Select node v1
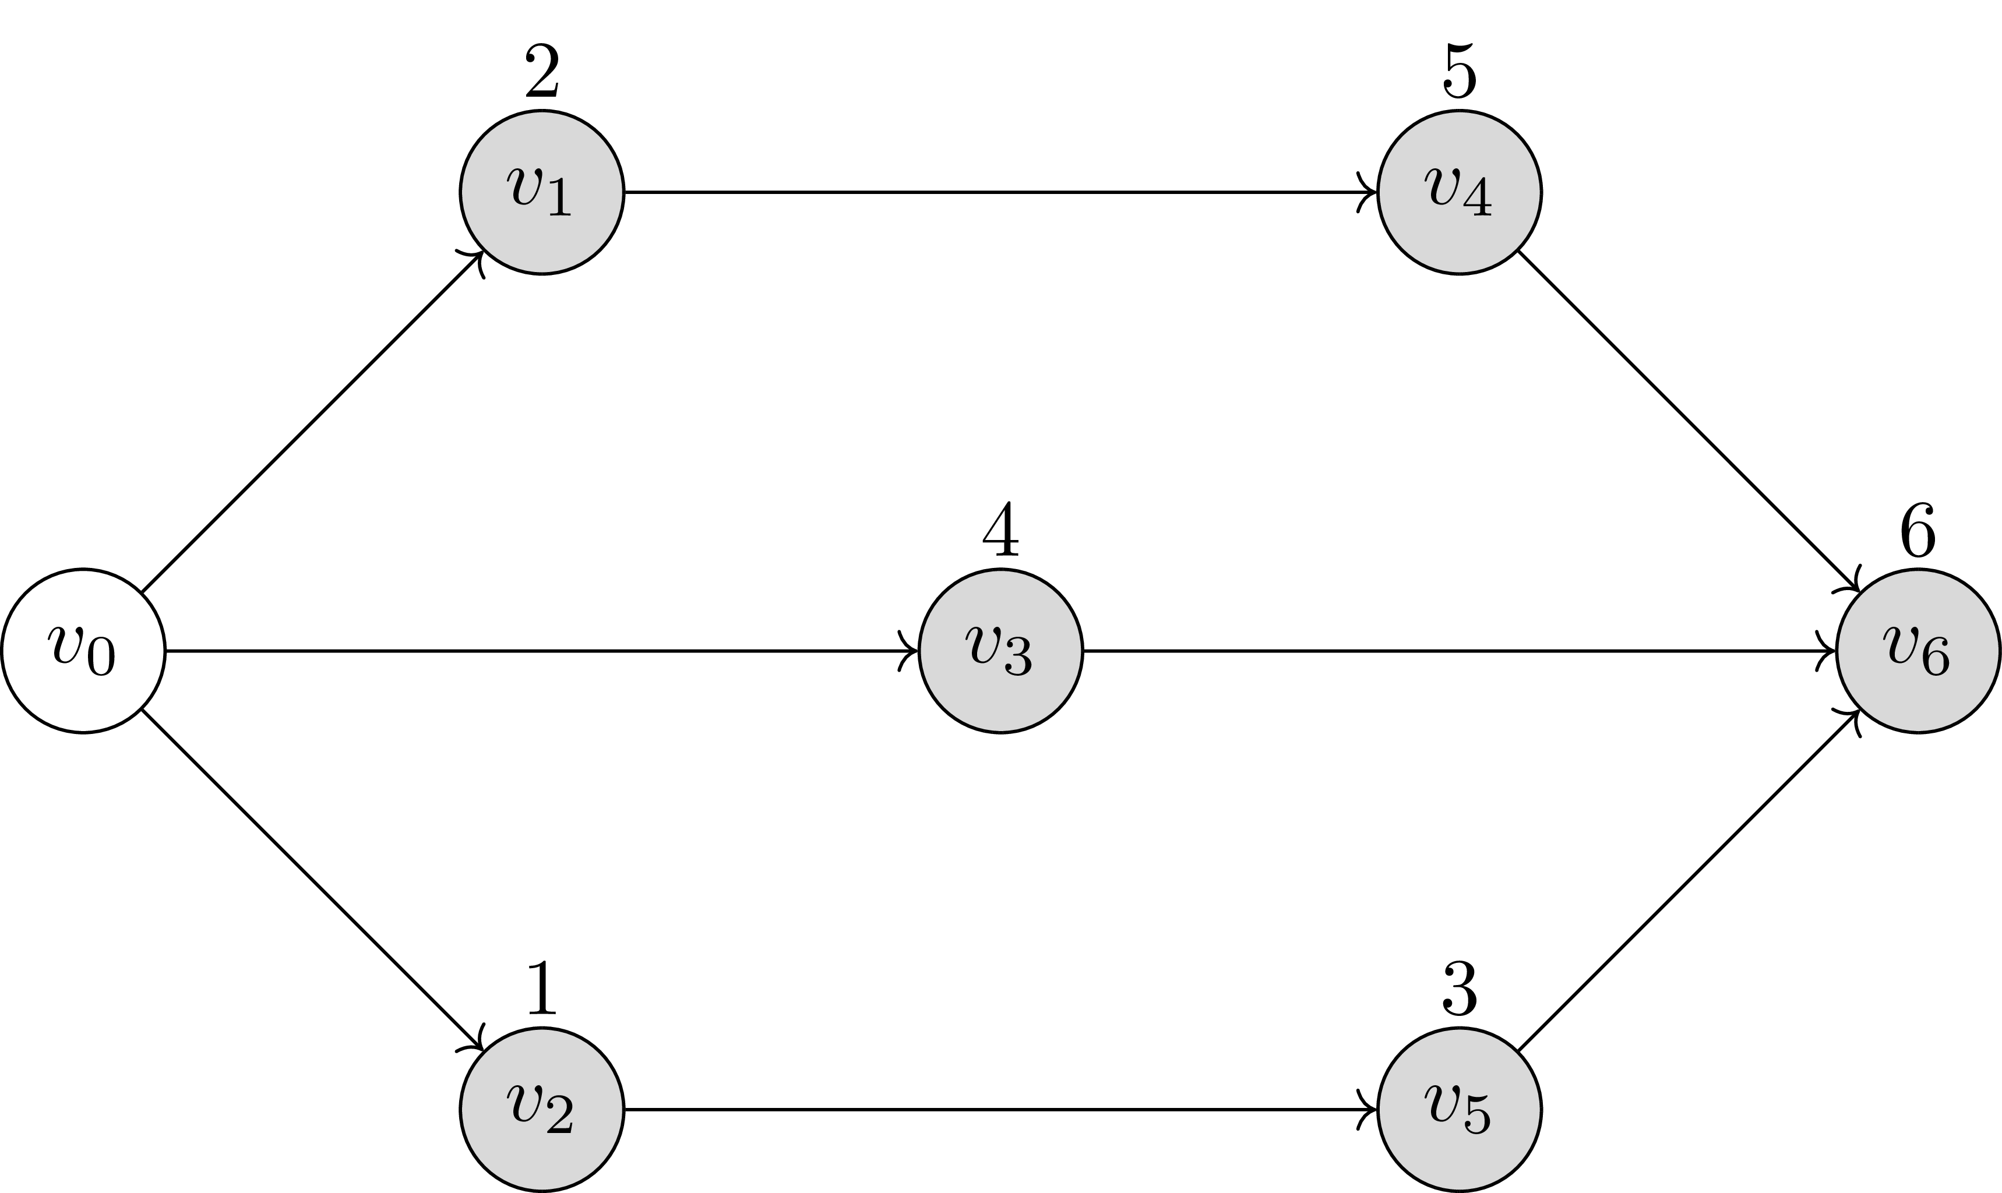tap(542, 192)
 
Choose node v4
tap(1460, 192)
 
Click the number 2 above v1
tap(542, 72)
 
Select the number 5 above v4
tap(1460, 72)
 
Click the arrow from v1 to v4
tap(1001, 192)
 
